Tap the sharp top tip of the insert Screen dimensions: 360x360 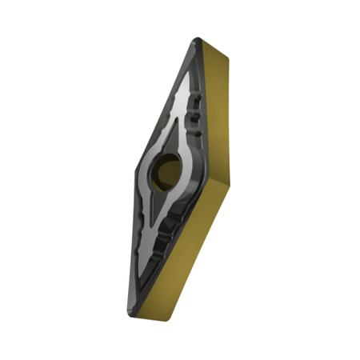coord(197,39)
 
